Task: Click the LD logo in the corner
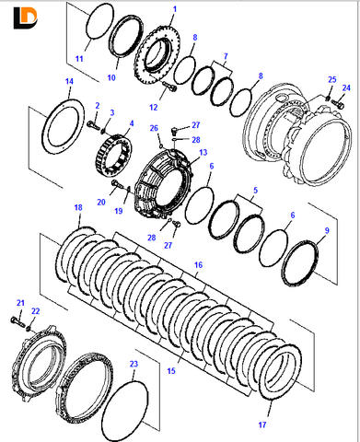pos(25,18)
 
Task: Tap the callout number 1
pos(175,9)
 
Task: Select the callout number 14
pos(70,82)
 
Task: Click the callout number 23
pos(134,364)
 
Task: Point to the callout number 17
pos(262,425)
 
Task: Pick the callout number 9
pos(327,230)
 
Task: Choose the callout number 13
pos(203,153)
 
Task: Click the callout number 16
pos(198,264)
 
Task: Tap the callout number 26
pos(154,128)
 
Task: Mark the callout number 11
pos(79,59)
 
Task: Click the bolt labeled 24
pos(338,104)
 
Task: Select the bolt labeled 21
pos(17,321)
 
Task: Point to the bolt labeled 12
pos(169,86)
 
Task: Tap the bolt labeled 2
pos(93,125)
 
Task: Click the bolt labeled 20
pos(119,184)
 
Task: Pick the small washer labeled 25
pos(328,99)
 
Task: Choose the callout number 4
pos(132,123)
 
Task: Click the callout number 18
pos(78,207)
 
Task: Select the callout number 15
pos(171,371)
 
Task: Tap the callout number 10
pos(111,77)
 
